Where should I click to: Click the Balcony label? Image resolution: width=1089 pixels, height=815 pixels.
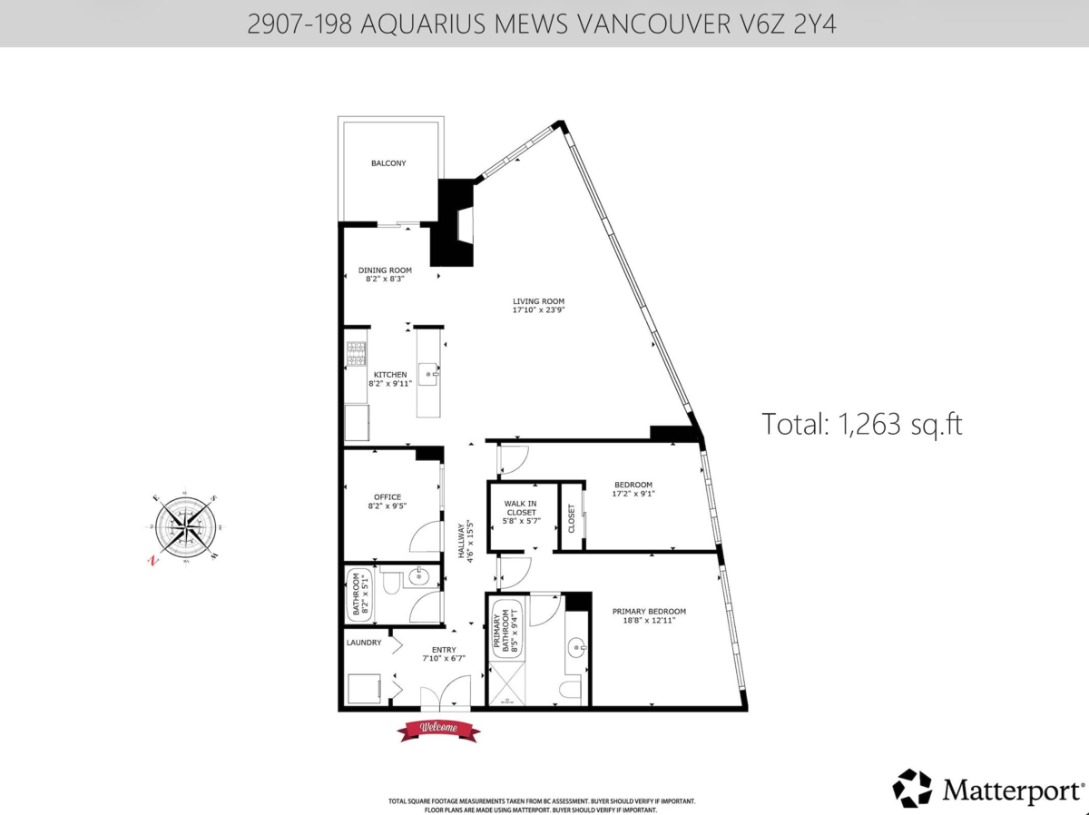pyautogui.click(x=388, y=163)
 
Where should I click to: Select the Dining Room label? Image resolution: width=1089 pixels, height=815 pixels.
pyautogui.click(x=385, y=270)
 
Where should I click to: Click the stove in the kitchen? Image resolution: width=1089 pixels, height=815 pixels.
pyautogui.click(x=355, y=353)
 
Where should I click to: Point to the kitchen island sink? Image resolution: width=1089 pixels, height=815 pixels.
pyautogui.click(x=428, y=372)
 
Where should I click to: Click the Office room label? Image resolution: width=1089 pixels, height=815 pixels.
pyautogui.click(x=387, y=496)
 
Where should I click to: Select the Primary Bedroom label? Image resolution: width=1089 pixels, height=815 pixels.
pyautogui.click(x=648, y=611)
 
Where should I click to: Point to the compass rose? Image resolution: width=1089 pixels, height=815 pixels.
pyautogui.click(x=186, y=526)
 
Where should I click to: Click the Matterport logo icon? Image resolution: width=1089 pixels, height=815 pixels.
pyautogui.click(x=912, y=788)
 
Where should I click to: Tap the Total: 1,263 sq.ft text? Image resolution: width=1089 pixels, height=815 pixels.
pyautogui.click(x=861, y=424)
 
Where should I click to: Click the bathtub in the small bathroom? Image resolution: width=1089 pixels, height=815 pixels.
pyautogui.click(x=358, y=595)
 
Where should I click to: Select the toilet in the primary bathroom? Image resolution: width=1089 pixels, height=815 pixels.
pyautogui.click(x=570, y=690)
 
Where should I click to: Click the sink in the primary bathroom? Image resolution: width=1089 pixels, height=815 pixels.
pyautogui.click(x=575, y=648)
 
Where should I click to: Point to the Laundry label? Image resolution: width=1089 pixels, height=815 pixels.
pyautogui.click(x=363, y=642)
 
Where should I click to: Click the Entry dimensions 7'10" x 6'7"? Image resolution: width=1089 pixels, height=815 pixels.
pyautogui.click(x=443, y=658)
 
